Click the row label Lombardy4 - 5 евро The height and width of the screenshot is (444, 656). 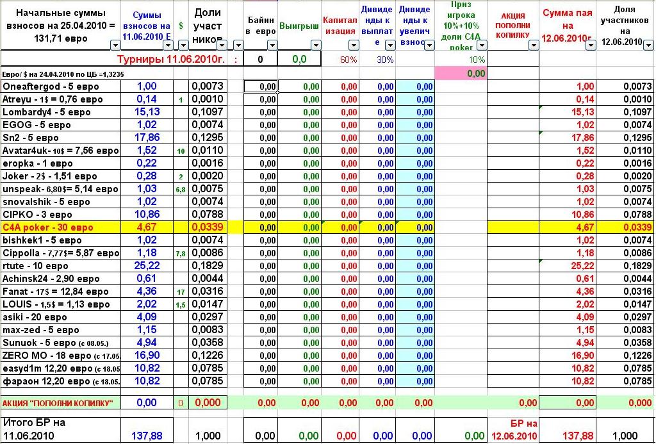pyautogui.click(x=47, y=112)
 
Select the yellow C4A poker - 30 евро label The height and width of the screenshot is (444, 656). pyautogui.click(x=48, y=227)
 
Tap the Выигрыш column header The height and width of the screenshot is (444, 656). pyautogui.click(x=299, y=29)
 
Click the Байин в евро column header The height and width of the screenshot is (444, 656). pyautogui.click(x=261, y=26)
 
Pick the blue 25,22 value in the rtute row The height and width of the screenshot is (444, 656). pyautogui.click(x=147, y=266)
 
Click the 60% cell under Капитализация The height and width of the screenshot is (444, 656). pyautogui.click(x=348, y=59)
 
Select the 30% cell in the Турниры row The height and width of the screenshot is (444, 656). pyautogui.click(x=385, y=59)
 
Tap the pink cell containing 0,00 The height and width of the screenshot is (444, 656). pyautogui.click(x=461, y=74)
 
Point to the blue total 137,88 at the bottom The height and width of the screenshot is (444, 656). pyautogui.click(x=147, y=436)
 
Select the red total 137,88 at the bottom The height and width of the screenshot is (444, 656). pyautogui.click(x=578, y=436)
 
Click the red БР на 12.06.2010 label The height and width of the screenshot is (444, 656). pyautogui.click(x=514, y=429)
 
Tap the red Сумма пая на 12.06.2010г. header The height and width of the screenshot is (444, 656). pyautogui.click(x=568, y=26)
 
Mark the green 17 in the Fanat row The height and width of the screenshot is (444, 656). pyautogui.click(x=181, y=292)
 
